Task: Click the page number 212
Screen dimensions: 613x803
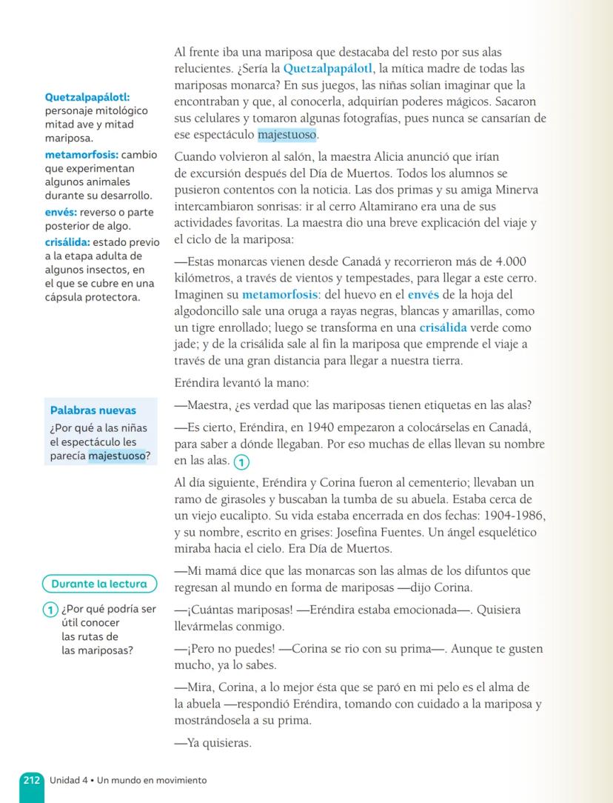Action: (x=31, y=780)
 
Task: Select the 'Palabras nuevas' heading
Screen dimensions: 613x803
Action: (x=93, y=410)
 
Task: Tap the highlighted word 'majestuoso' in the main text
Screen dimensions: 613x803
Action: (x=287, y=136)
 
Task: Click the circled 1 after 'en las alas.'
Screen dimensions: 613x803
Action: (x=242, y=462)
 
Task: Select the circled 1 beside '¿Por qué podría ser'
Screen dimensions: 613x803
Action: (x=49, y=610)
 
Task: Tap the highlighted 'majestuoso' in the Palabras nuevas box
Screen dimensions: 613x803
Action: (x=117, y=456)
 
